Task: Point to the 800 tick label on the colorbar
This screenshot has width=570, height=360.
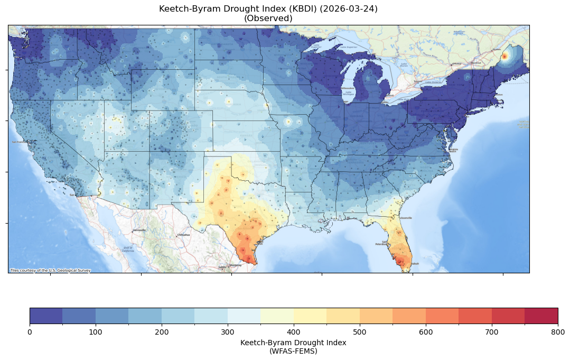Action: (557, 331)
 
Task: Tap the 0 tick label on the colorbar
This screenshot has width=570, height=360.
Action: (30, 331)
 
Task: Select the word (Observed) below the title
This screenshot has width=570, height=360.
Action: (268, 18)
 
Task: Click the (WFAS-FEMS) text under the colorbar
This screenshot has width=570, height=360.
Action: (293, 350)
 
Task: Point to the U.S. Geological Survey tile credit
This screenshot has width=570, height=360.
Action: (50, 270)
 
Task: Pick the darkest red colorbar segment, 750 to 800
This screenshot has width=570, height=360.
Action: (541, 316)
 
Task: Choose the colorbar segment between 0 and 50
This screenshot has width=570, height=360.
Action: (46, 316)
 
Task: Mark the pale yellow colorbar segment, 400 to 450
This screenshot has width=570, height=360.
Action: (310, 316)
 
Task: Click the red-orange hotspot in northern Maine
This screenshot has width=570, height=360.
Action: (504, 56)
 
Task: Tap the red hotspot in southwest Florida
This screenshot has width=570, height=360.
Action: (400, 260)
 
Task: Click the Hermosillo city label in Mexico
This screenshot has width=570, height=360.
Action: (139, 230)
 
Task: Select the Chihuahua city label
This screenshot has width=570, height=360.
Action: (183, 235)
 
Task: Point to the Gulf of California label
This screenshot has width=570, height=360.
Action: (128, 249)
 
